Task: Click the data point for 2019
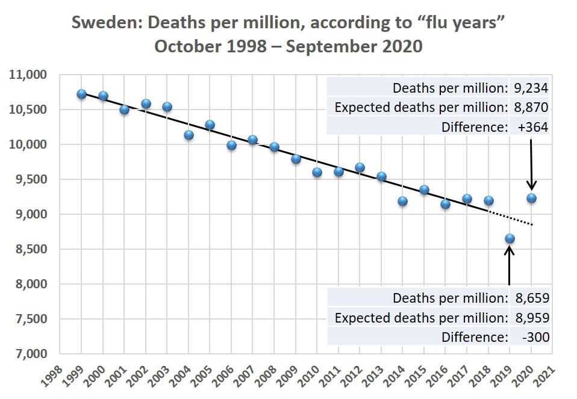coord(510,239)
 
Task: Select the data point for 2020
coord(531,198)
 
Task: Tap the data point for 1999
coord(82,94)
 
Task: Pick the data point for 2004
coord(189,135)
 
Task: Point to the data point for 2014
coord(402,201)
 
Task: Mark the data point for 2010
coord(317,173)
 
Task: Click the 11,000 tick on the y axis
coord(28,75)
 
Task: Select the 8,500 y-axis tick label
coord(32,249)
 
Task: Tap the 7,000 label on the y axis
coord(32,354)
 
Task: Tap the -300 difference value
coord(536,337)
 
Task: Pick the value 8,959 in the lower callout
coord(532,318)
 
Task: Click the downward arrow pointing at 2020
coord(531,164)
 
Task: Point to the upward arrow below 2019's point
coord(510,265)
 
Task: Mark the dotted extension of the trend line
coord(510,218)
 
